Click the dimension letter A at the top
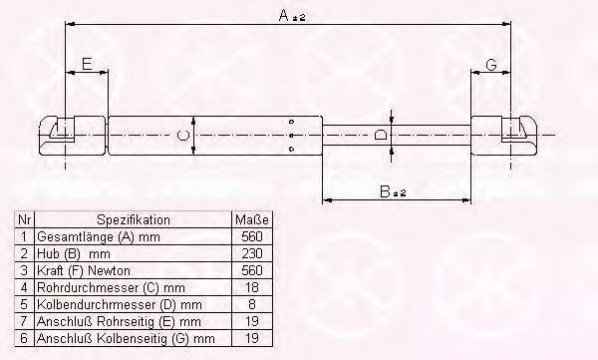(284, 16)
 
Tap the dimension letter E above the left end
(87, 64)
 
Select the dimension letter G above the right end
(491, 65)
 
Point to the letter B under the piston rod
(385, 191)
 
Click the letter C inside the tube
(183, 136)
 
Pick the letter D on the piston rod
(381, 135)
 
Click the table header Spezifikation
(134, 220)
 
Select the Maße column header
(252, 220)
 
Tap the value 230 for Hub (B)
(252, 253)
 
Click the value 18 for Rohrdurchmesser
(252, 287)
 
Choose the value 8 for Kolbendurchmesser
(252, 304)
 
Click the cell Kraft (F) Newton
(84, 270)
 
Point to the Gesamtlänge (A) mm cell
(99, 237)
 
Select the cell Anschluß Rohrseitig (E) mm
(119, 321)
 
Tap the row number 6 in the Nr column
(24, 338)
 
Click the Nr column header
(24, 220)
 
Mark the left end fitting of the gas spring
(73, 136)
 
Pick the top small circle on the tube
(292, 122)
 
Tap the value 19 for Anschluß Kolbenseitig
(252, 338)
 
